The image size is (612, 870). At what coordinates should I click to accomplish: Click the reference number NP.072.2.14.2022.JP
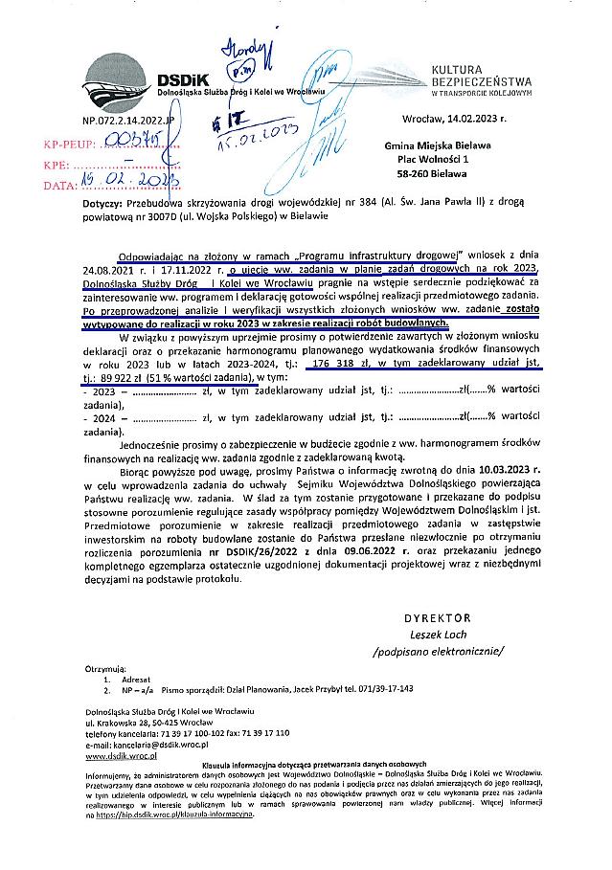(128, 122)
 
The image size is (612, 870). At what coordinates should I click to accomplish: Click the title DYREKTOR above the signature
(438, 618)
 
